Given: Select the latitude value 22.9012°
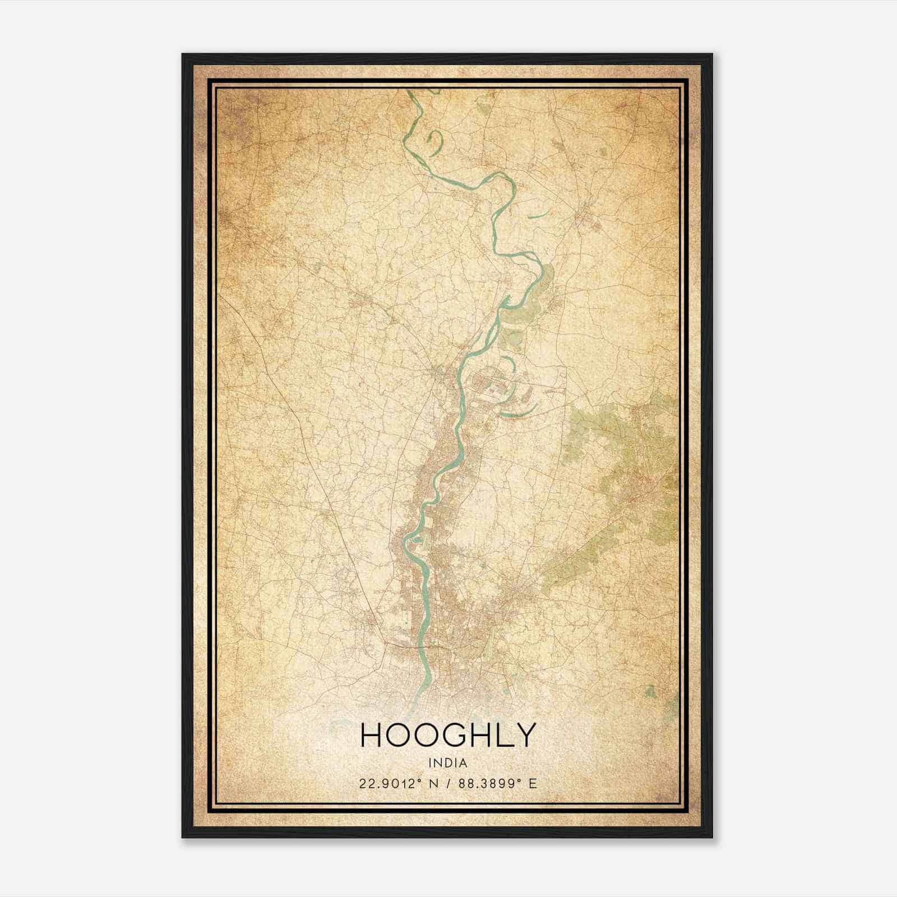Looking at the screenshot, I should point(390,783).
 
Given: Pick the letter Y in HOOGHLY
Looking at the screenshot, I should point(524,735).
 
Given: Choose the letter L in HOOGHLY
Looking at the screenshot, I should point(502,735).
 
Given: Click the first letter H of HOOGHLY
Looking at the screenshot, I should point(372,735).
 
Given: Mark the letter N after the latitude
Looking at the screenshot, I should point(433,783).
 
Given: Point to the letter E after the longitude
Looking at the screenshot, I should point(533,783).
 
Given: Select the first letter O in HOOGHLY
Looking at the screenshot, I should point(397,735).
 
